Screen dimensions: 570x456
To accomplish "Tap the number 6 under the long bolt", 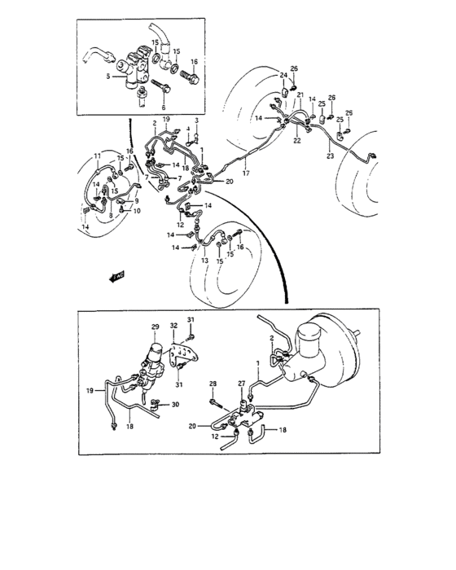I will [163, 107].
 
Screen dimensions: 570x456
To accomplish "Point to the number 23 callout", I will [331, 155].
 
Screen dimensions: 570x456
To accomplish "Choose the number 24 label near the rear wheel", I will [284, 76].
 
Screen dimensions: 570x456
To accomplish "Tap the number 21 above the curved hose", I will [300, 96].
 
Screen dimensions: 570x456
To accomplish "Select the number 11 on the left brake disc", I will [96, 155].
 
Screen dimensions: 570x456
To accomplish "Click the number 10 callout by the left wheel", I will [137, 211].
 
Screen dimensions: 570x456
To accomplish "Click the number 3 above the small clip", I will [196, 121].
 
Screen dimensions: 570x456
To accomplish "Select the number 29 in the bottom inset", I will [154, 327].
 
